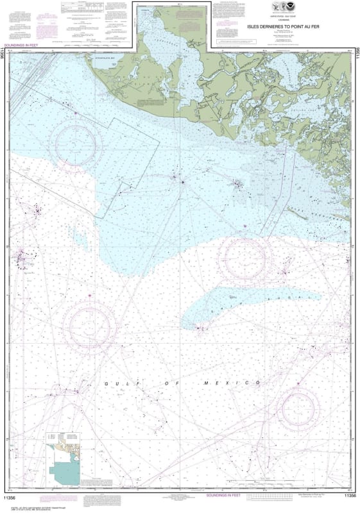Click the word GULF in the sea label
tap(115, 383)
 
